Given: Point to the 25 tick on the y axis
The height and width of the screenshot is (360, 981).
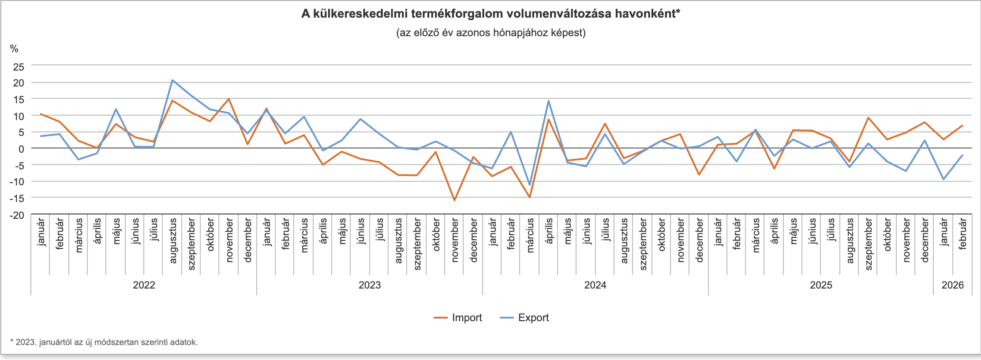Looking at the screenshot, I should [19, 67].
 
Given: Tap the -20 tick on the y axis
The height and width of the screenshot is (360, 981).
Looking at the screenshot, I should [18, 215].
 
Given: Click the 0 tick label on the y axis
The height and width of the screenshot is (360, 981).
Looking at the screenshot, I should [21, 149].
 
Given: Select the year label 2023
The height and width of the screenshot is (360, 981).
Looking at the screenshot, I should [370, 285].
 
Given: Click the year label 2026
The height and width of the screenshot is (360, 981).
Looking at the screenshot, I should [953, 285].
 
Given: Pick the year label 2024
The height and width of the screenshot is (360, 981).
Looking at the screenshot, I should [595, 285].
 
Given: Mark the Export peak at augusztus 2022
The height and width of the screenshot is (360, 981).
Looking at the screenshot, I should [172, 80].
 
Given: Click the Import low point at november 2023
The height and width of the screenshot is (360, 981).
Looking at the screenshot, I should [454, 200].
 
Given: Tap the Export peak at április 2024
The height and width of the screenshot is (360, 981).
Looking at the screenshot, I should [548, 101].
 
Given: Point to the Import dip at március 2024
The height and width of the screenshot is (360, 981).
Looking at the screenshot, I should [530, 197].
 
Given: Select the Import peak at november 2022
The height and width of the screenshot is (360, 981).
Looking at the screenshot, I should [229, 99].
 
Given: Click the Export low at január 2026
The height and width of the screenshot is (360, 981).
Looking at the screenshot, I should [944, 179].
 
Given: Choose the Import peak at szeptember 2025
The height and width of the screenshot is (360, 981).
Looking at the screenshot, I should [868, 118].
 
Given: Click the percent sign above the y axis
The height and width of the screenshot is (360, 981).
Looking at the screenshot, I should [14, 49].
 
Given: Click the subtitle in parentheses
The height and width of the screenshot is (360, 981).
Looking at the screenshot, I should [490, 33].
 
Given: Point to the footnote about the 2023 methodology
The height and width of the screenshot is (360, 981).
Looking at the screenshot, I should [104, 342].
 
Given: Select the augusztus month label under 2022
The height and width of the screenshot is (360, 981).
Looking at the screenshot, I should [173, 241].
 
